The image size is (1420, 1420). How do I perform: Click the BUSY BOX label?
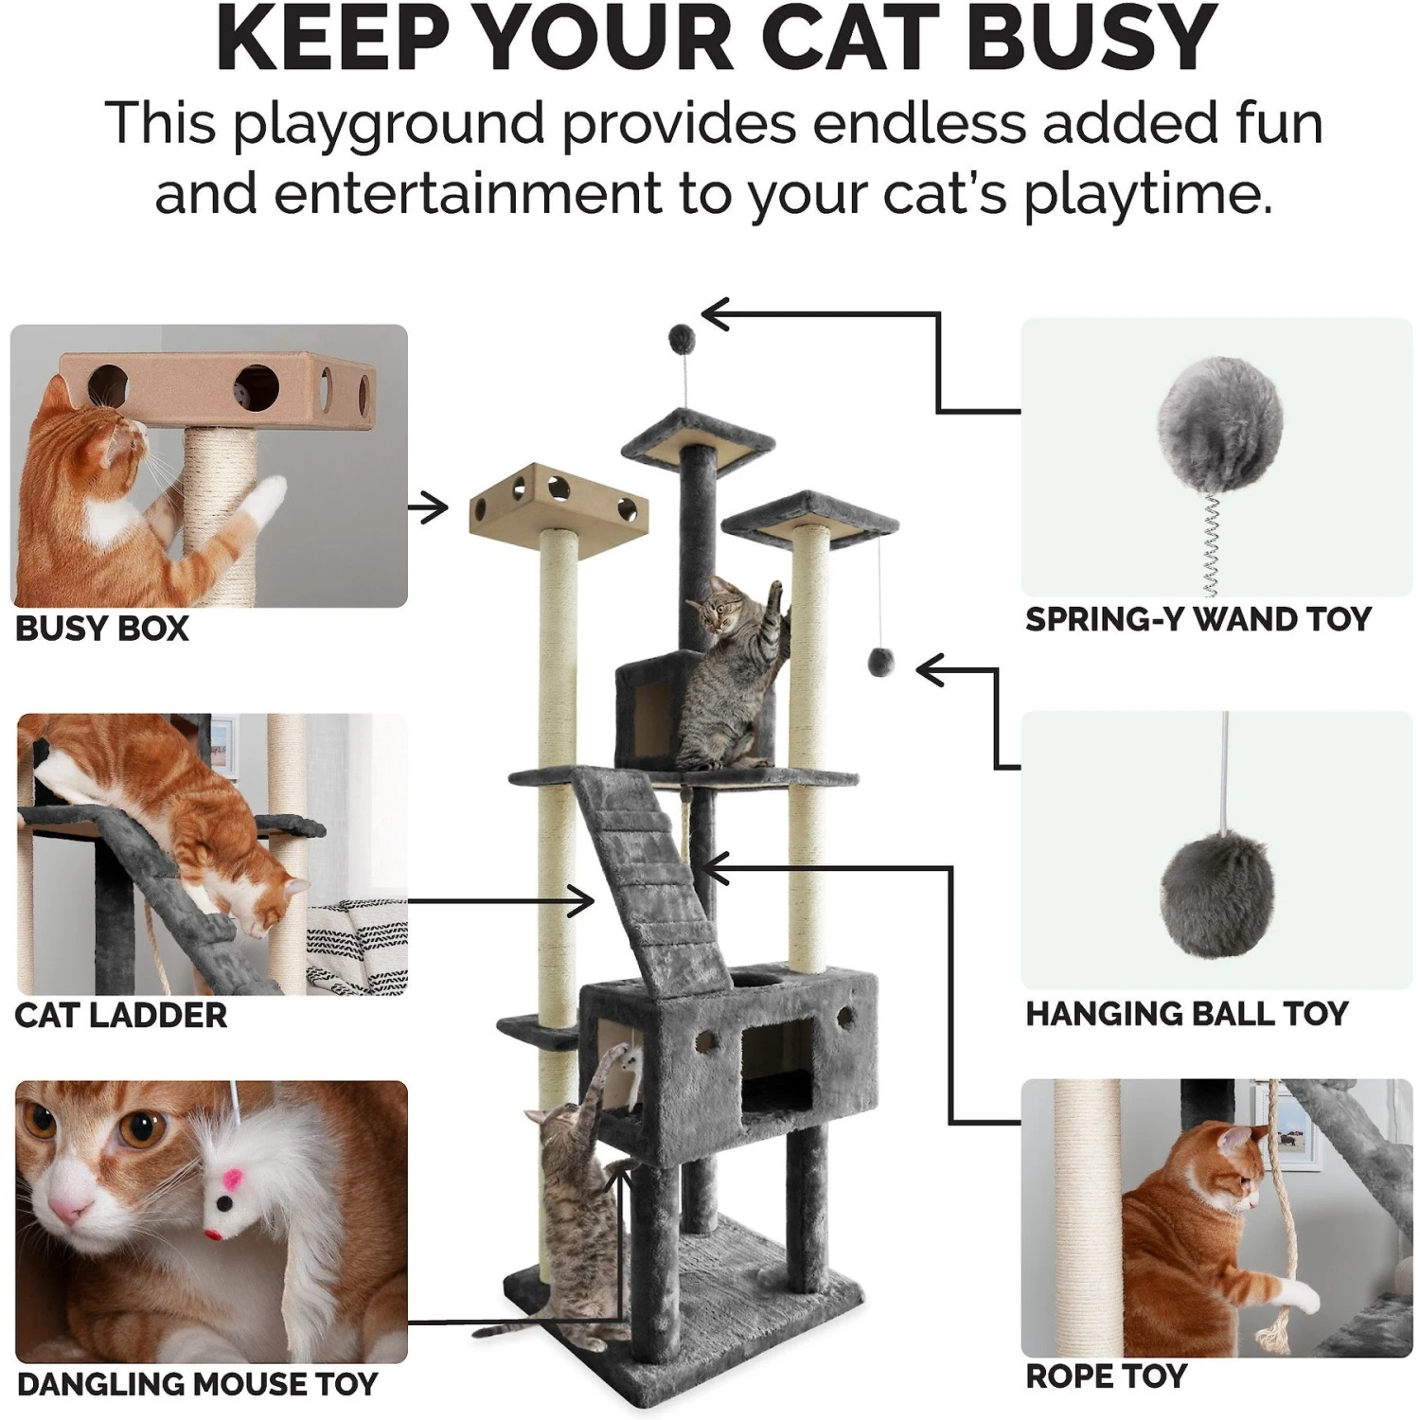point(102,629)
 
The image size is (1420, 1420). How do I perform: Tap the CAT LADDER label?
point(121,1016)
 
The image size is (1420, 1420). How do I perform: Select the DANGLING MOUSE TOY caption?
point(197,1384)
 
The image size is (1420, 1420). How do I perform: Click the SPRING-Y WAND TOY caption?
point(1198,619)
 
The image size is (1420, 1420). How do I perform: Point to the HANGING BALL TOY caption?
point(1186,1014)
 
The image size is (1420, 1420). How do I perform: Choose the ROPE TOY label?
point(1106,1376)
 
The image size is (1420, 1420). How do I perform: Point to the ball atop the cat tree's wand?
point(682,336)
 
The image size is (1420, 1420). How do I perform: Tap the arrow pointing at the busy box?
point(428,508)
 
